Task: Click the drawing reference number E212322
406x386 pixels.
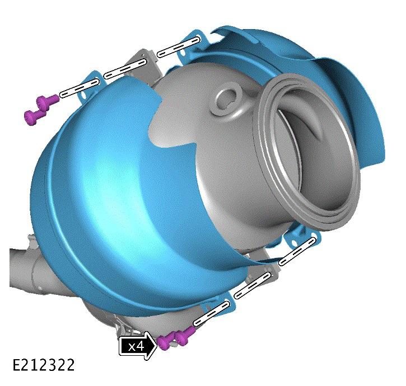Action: [44, 365]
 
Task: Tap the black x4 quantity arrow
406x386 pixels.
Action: [138, 346]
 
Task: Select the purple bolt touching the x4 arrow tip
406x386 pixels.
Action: [166, 342]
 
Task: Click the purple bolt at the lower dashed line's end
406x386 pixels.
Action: [185, 335]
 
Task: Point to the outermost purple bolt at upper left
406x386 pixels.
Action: [35, 117]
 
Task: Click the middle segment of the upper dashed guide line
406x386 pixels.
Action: [125, 69]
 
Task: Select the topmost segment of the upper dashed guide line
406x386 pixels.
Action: [179, 46]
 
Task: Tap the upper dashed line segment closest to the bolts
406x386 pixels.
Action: [80, 88]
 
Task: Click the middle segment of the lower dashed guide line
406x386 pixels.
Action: [253, 285]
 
